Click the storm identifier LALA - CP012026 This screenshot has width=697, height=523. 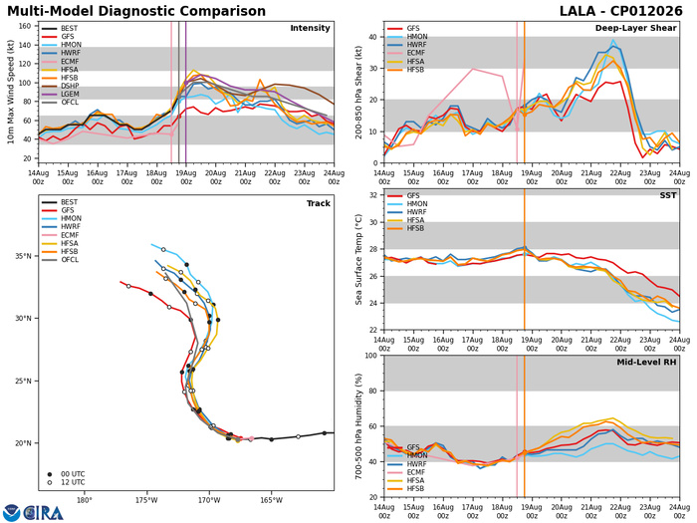pos(620,11)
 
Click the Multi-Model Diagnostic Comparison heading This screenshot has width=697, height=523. pos(136,11)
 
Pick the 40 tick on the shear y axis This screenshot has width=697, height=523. pos(373,37)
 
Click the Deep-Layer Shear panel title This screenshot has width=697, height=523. pos(635,28)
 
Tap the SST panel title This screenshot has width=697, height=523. pos(668,195)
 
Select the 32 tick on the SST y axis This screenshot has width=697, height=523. pos(373,195)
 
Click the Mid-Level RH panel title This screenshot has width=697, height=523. pos(646,363)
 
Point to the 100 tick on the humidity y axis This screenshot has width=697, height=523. pos(371,356)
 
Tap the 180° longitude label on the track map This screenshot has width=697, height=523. pos(85,500)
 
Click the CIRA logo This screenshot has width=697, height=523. pos(33,512)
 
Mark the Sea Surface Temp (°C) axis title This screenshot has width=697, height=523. pos(358,260)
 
